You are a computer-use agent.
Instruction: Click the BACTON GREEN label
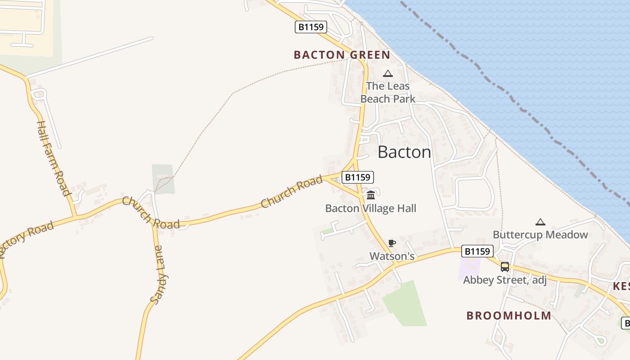pyautogui.click(x=342, y=55)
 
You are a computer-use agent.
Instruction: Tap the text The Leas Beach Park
pyautogui.click(x=388, y=92)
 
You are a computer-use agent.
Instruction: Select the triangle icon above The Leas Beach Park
pyautogui.click(x=387, y=74)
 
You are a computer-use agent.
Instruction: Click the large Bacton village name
pyautogui.click(x=404, y=152)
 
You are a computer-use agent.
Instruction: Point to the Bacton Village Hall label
pyautogui.click(x=371, y=208)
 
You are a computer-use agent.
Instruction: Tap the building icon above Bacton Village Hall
pyautogui.click(x=371, y=195)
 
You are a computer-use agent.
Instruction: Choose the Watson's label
pyautogui.click(x=391, y=256)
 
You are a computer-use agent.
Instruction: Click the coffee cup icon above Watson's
pyautogui.click(x=391, y=243)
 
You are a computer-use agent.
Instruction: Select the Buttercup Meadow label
pyautogui.click(x=540, y=234)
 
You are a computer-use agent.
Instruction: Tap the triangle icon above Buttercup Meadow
pyautogui.click(x=540, y=222)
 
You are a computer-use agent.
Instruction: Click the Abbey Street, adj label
pyautogui.click(x=505, y=280)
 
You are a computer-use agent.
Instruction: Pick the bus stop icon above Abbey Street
pyautogui.click(x=505, y=267)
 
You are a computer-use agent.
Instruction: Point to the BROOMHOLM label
pyautogui.click(x=508, y=315)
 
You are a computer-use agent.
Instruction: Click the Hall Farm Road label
pyautogui.click(x=54, y=158)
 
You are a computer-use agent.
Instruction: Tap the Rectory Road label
pyautogui.click(x=27, y=238)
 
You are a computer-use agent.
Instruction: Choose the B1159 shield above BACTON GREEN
pyautogui.click(x=311, y=27)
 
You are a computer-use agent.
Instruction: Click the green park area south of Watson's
pyautogui.click(x=405, y=304)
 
